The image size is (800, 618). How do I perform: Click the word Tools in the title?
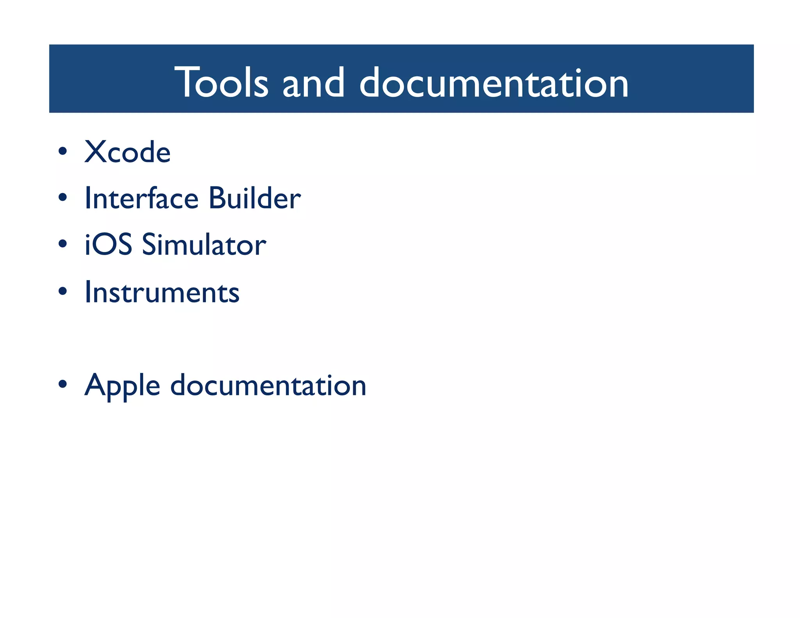[x=221, y=82]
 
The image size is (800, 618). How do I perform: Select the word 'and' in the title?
[x=313, y=82]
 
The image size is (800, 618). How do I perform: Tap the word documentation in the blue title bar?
[x=493, y=82]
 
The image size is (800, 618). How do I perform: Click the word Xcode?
[x=127, y=152]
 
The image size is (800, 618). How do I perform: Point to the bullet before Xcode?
[x=62, y=151]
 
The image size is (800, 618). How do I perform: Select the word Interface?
[x=142, y=198]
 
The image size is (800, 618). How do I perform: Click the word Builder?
[x=254, y=198]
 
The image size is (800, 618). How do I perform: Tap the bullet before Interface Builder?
[x=62, y=197]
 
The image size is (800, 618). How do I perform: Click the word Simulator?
[x=204, y=245]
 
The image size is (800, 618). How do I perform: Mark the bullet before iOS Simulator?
[x=62, y=244]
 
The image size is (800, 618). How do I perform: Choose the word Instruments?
[x=162, y=292]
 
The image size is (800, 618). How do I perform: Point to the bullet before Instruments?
[x=62, y=291]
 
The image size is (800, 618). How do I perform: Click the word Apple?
[x=122, y=386]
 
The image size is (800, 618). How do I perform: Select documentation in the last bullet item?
[x=268, y=385]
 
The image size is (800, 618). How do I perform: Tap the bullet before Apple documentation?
[x=62, y=384]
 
